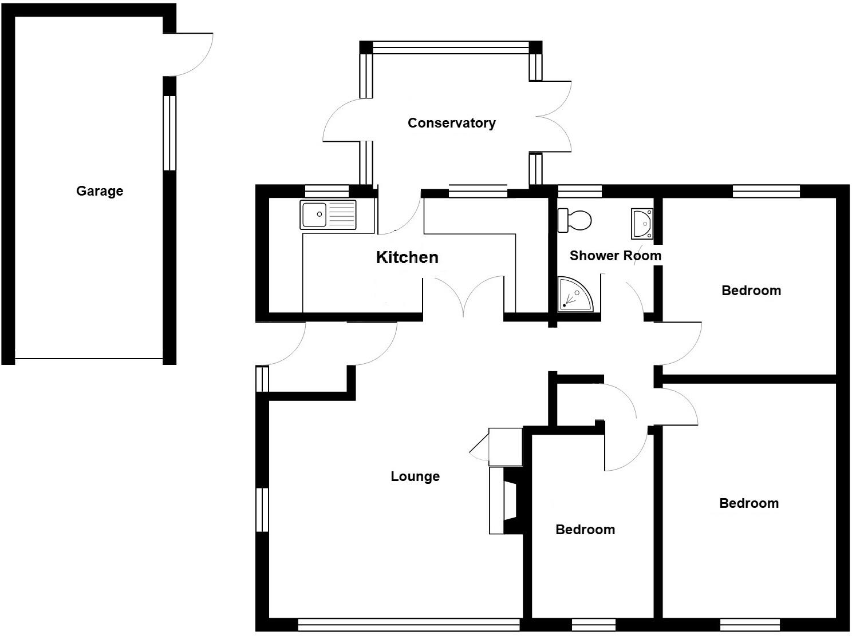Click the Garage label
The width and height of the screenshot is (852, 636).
100,191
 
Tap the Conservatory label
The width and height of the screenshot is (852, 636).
451,123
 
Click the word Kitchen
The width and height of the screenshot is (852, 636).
407,257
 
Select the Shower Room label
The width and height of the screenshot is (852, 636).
615,256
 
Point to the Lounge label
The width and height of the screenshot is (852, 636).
415,476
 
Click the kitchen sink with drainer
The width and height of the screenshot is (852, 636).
328,215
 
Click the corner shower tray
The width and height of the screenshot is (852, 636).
576,295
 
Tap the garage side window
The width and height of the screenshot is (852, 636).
169,133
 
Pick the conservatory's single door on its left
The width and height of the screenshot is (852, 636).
344,120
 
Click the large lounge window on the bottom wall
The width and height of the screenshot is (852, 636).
409,625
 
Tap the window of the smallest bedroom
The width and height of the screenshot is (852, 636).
593,625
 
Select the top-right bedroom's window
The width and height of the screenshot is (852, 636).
766,191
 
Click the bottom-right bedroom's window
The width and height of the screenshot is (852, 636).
750,625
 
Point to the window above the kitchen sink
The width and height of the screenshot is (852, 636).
327,191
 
